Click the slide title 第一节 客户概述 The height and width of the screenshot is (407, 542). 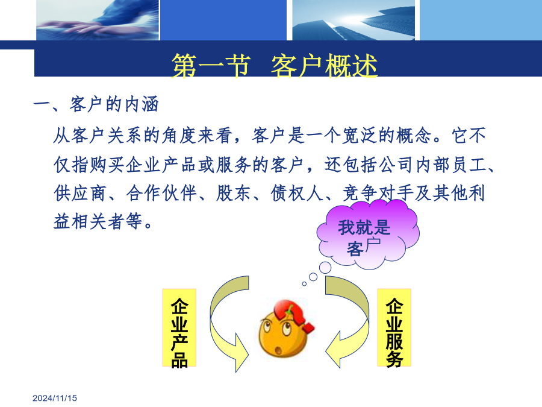tap(275, 66)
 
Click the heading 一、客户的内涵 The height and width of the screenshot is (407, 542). tap(96, 104)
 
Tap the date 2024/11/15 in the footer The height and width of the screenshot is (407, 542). tap(55, 398)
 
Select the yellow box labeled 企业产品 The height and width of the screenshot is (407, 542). tap(179, 327)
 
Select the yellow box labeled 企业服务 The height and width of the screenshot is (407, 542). tap(394, 327)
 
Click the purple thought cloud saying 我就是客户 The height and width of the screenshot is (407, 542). tap(368, 234)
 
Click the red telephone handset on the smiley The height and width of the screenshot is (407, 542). tap(294, 315)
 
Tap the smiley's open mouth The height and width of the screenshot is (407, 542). tap(278, 350)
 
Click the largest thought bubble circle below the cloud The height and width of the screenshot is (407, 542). tap(325, 268)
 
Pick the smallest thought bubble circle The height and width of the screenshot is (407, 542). tap(304, 284)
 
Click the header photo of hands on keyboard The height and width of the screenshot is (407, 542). tap(98, 20)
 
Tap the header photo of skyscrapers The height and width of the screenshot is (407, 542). tap(354, 20)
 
